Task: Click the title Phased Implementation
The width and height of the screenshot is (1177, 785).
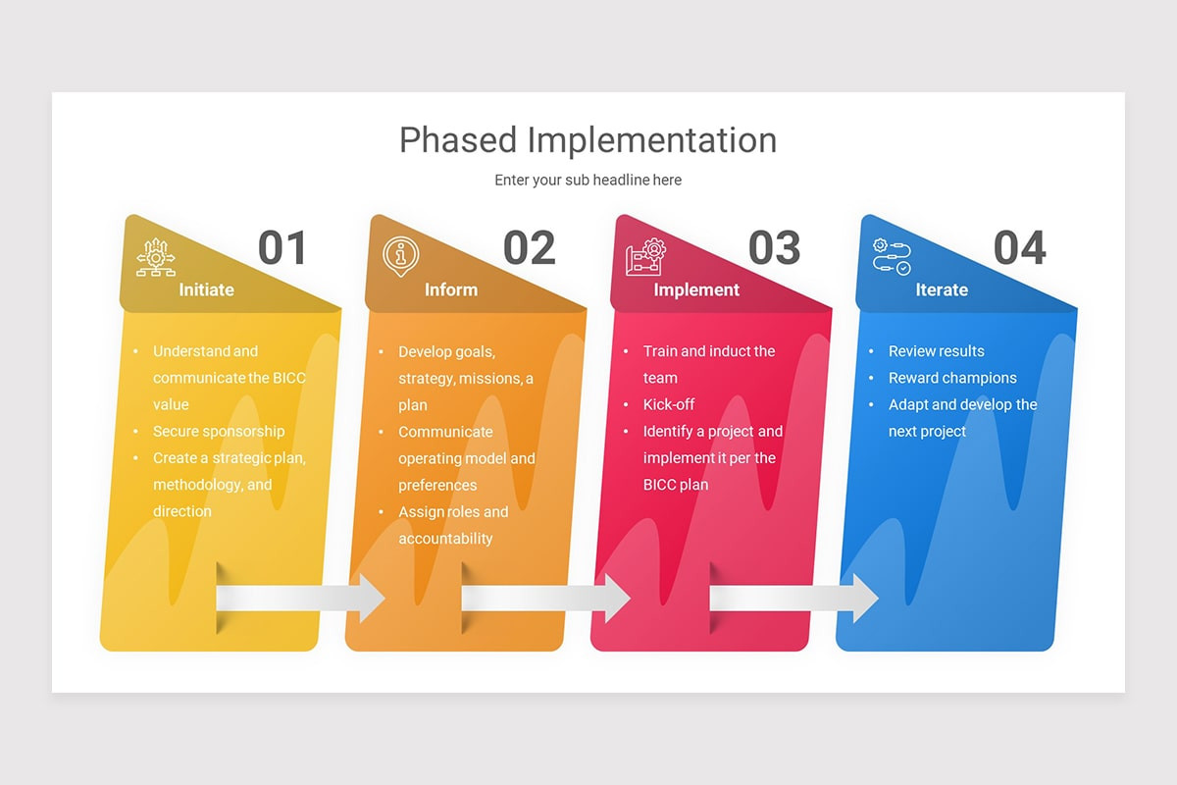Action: [588, 139]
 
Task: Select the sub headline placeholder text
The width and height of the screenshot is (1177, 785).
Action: [588, 180]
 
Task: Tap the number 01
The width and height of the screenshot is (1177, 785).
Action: [282, 249]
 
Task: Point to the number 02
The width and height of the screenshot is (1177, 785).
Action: [529, 249]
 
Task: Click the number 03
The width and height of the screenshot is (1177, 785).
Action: [774, 249]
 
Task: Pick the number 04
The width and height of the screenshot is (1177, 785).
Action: [1019, 249]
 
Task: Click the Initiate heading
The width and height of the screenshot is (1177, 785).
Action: [206, 289]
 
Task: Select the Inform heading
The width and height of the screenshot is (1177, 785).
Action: [451, 289]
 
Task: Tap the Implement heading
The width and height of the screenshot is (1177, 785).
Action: [696, 289]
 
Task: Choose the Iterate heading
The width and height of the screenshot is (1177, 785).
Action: [942, 289]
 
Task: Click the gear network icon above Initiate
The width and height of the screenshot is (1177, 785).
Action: [155, 257]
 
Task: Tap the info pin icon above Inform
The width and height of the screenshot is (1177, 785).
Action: [400, 256]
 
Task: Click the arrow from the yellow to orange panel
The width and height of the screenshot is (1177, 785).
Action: [300, 598]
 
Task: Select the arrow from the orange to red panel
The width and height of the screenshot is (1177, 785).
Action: [545, 598]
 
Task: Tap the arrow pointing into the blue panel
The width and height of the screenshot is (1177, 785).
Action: [793, 598]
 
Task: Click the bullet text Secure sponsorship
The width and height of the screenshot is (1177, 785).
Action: [219, 431]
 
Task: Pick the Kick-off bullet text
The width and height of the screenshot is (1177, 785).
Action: [669, 404]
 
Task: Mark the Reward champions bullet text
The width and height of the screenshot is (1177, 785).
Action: [952, 378]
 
